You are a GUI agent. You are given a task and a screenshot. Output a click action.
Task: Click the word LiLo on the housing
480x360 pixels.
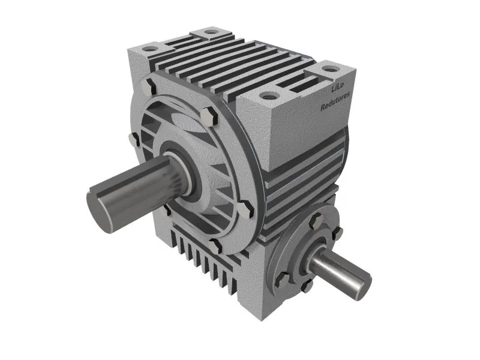(338, 88)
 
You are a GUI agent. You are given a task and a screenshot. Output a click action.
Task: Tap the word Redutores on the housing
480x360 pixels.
(335, 101)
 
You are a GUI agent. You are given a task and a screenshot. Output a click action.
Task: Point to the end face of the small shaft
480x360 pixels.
(363, 286)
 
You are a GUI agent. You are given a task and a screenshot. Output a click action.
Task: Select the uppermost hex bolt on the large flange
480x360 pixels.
(149, 86)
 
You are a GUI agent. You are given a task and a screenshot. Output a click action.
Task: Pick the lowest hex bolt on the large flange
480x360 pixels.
(215, 245)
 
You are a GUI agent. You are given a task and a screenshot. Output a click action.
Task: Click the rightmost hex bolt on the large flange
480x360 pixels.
(246, 209)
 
